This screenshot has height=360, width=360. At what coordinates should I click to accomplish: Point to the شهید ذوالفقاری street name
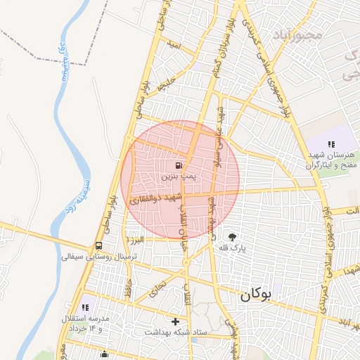tap(155, 200)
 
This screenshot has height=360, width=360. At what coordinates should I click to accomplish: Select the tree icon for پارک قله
tap(232, 237)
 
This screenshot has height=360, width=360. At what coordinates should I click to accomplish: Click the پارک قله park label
tap(232, 248)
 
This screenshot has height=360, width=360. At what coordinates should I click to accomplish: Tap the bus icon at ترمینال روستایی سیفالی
tap(98, 246)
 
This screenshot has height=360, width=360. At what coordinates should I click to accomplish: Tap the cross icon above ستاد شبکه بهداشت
tap(175, 321)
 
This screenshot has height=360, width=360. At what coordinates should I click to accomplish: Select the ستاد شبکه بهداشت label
tap(174, 332)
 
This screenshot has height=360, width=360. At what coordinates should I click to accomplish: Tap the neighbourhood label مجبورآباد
tap(304, 34)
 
